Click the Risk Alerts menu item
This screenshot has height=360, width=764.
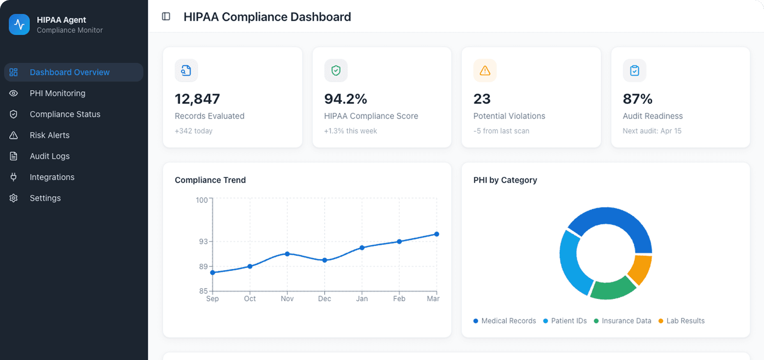49,135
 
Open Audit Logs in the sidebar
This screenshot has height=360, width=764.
49,156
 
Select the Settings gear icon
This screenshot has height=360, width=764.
14,198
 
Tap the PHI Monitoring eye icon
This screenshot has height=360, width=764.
14,93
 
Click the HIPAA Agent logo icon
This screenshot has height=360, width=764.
19,25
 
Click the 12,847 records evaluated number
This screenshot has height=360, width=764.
197,99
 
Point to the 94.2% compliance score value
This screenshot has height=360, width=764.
345,99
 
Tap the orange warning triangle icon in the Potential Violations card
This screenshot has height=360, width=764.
485,71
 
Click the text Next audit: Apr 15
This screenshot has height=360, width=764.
652,131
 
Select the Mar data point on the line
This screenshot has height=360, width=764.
437,234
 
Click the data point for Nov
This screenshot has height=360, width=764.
287,254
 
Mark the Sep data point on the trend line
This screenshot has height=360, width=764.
212,272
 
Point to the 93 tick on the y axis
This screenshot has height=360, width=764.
203,242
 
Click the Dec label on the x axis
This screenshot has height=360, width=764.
324,299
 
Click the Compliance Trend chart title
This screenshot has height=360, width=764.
210,180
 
